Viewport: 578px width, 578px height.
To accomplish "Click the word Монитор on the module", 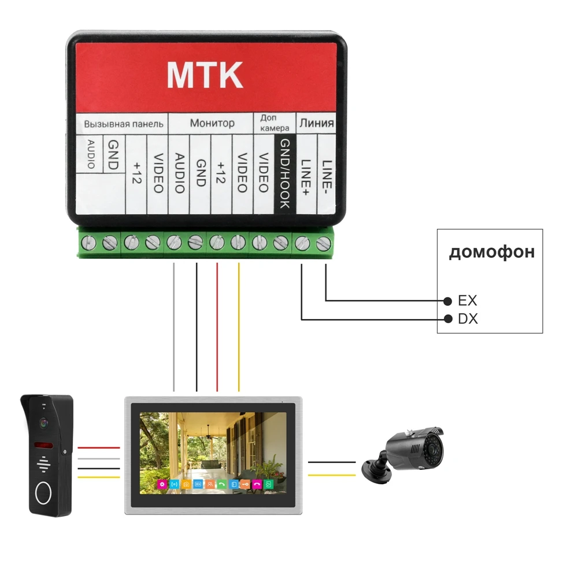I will (x=212, y=123).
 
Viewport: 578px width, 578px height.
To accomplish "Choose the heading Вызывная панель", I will (x=124, y=124).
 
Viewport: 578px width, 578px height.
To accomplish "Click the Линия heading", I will (x=316, y=123).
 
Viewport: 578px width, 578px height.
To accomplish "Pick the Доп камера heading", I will (x=271, y=123).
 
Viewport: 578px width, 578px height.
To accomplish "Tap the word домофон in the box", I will (x=491, y=252).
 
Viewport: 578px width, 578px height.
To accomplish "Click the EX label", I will (x=467, y=301).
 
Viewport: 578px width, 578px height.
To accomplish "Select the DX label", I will (x=468, y=318).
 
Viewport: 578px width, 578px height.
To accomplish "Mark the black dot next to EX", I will (x=447, y=301).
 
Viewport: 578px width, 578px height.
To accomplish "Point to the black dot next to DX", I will (x=447, y=318).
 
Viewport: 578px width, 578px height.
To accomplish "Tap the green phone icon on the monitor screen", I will (x=221, y=485).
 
